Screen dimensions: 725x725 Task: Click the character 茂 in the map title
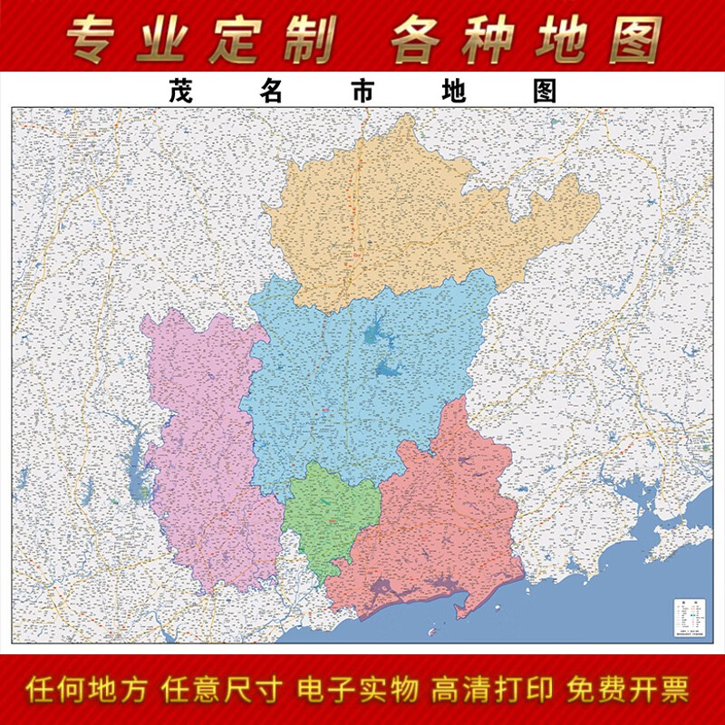click(x=179, y=91)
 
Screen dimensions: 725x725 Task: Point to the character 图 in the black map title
click(x=545, y=91)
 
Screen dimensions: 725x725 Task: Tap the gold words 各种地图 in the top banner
click(x=527, y=38)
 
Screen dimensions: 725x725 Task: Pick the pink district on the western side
click(x=204, y=453)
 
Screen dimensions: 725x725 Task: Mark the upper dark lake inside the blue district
click(x=372, y=336)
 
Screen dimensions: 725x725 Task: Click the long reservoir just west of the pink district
click(x=139, y=471)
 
